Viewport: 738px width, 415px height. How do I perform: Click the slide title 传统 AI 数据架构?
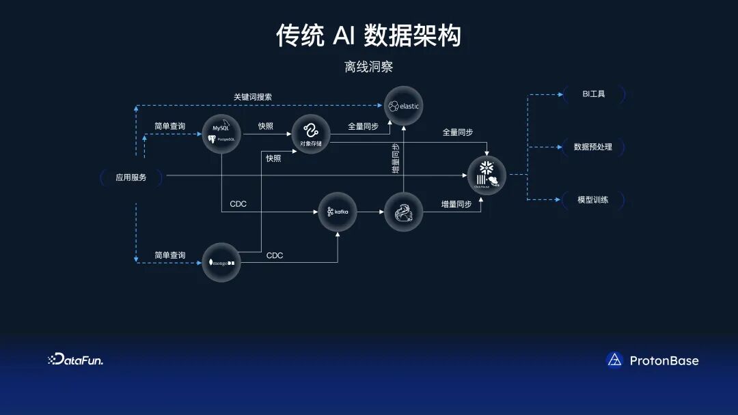pyautogui.click(x=368, y=35)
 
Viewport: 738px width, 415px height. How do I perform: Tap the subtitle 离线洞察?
pyautogui.click(x=369, y=68)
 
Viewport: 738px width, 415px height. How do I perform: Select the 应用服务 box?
pyautogui.click(x=131, y=177)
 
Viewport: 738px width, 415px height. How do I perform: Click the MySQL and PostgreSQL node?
pyautogui.click(x=221, y=133)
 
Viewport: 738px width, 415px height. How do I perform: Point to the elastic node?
pyautogui.click(x=403, y=106)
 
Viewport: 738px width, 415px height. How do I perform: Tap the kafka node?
pyautogui.click(x=338, y=212)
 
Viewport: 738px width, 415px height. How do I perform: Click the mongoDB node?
pyautogui.click(x=221, y=261)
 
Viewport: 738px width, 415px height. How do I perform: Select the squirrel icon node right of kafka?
pyautogui.click(x=403, y=212)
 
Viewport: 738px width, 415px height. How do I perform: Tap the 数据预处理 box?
pyautogui.click(x=593, y=147)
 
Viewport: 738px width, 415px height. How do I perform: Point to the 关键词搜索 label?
pyautogui.click(x=253, y=97)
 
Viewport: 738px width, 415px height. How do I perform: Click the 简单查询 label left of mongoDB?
pyautogui.click(x=169, y=255)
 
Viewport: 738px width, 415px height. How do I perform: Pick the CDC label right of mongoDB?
pyautogui.click(x=275, y=255)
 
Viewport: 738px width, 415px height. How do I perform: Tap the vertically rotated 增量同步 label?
pyautogui.click(x=396, y=160)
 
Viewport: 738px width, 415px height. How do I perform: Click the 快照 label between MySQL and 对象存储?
pyautogui.click(x=266, y=126)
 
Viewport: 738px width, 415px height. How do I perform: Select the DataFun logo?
pyautogui.click(x=76, y=360)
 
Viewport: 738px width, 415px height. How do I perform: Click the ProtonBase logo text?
pyautogui.click(x=664, y=360)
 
